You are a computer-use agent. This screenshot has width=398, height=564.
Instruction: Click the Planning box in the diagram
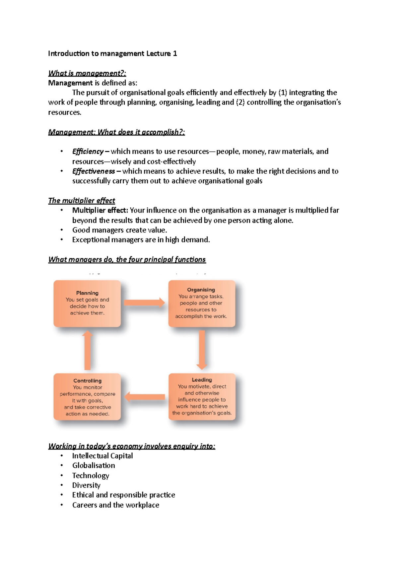[87, 303]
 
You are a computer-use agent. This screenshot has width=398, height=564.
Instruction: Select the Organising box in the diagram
[201, 303]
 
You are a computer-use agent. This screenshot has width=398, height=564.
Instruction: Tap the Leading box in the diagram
[202, 397]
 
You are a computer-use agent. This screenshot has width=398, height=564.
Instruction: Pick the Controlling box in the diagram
[87, 397]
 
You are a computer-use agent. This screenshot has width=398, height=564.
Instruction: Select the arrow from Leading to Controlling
[145, 397]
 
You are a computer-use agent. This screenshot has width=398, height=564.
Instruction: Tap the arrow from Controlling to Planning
[87, 350]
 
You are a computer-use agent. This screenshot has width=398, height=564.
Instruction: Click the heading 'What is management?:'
[87, 73]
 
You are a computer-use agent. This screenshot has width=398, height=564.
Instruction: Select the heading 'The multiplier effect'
[82, 201]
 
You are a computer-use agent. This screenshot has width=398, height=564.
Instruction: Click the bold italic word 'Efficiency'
[88, 151]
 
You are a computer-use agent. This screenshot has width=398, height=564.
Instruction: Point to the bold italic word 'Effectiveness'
[94, 171]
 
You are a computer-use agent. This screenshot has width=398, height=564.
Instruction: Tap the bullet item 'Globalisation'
[94, 465]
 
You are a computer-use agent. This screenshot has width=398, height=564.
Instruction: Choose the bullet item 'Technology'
[91, 475]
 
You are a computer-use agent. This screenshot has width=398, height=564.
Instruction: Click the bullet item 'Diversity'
[86, 485]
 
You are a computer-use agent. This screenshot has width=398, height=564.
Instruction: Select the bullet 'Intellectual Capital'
[102, 456]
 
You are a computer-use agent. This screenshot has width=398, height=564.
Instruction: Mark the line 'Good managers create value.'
[119, 230]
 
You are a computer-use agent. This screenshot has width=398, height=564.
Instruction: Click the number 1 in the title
[175, 53]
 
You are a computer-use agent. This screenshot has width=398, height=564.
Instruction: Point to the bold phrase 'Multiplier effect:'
[100, 210]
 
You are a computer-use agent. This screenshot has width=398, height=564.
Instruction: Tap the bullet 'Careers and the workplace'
[116, 505]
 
